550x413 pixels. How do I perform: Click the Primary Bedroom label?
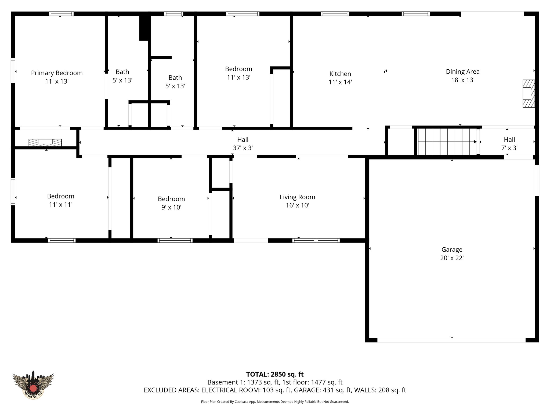coord(57,73)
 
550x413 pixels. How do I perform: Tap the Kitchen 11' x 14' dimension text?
coord(340,82)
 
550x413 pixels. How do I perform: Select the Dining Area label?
coord(462,72)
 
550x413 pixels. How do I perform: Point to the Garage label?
coord(452,250)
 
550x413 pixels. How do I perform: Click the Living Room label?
coord(297,197)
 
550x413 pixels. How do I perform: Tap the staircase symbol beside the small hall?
coord(446,142)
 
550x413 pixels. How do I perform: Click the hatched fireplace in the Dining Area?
coord(528,94)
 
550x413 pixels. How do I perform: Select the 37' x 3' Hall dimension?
coord(243,148)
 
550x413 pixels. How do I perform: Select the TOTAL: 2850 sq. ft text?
coord(275,374)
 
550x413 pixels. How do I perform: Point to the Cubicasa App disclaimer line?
coord(275,402)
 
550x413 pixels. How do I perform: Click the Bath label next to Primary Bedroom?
coord(122,72)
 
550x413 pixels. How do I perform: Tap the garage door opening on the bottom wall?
coord(451,340)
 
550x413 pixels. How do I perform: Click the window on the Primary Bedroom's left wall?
coord(13,70)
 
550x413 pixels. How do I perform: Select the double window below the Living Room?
coord(316,240)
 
